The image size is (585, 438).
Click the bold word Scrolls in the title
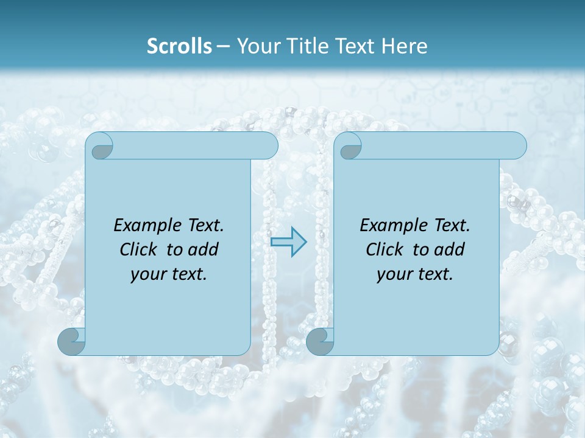tap(180, 46)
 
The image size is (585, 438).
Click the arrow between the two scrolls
tap(289, 242)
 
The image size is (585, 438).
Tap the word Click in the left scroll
tap(137, 249)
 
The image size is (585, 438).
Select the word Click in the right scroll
tap(383, 249)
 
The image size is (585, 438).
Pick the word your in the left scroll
tap(147, 275)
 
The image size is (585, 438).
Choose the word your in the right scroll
tap(394, 275)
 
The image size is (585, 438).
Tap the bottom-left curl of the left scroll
tap(71, 342)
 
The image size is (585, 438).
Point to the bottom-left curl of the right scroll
tap(319, 342)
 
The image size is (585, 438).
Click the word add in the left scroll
tap(204, 249)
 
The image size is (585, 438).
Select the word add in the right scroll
tap(450, 249)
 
